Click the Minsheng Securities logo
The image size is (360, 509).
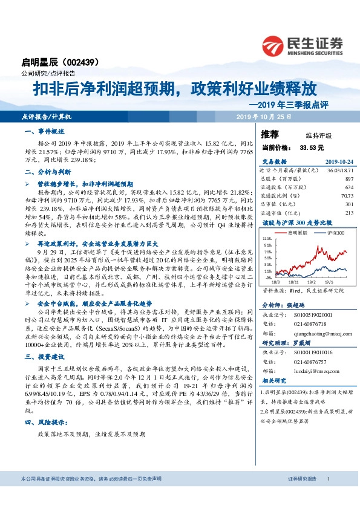point(303,45)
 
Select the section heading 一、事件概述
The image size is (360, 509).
point(42,131)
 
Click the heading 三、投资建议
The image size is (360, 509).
point(42,358)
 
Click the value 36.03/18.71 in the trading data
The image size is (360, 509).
point(339,171)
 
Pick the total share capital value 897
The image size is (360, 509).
point(349,180)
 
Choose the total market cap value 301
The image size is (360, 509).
point(349,204)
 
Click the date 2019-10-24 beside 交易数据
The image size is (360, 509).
point(339,162)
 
